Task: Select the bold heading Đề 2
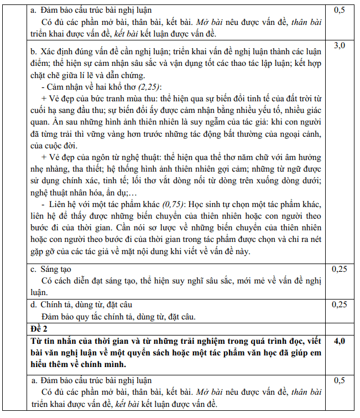point(40,329)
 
